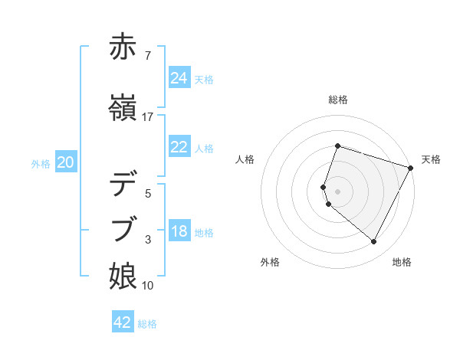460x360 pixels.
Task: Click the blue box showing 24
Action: click(179, 78)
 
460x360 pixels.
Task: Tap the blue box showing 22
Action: click(179, 147)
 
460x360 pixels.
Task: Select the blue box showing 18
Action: click(179, 232)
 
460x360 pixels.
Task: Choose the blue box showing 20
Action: click(66, 162)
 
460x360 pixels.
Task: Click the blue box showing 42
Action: click(123, 322)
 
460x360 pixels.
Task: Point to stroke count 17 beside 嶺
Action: click(148, 116)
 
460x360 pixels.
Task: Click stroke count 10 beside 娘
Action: click(148, 286)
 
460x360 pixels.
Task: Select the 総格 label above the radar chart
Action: click(338, 100)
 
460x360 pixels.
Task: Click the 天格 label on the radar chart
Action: click(431, 159)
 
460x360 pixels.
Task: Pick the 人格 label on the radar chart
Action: click(245, 159)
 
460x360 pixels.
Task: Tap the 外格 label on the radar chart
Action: click(270, 263)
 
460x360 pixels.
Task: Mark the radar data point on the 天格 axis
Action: click(410, 168)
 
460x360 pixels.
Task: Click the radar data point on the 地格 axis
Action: click(373, 241)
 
